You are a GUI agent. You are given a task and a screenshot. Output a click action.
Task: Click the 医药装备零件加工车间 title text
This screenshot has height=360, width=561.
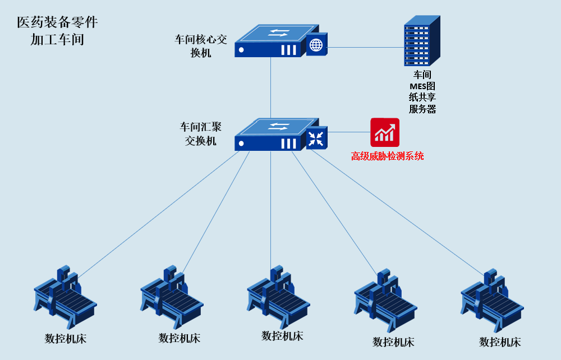57,31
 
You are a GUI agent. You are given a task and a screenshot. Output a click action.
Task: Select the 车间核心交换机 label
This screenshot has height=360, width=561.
201,46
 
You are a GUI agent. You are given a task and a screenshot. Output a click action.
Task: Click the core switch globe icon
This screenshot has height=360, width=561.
316,44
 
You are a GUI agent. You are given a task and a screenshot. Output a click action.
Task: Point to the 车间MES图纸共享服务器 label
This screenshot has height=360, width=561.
422,92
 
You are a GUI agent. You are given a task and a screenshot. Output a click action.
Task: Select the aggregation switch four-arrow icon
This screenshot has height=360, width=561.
316,138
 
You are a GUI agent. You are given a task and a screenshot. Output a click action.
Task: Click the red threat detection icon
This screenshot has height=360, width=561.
385,132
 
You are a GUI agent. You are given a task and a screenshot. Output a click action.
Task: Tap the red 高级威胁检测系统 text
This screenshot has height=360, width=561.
387,156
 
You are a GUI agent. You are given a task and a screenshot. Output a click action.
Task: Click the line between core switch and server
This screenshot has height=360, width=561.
365,47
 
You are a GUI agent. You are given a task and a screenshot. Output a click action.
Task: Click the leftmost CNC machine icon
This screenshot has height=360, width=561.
65,297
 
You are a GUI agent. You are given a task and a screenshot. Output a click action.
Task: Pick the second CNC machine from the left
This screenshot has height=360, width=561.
171,297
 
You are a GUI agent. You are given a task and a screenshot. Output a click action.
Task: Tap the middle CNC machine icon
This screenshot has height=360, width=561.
278,297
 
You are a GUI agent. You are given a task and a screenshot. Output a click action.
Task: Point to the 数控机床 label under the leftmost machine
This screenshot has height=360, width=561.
66,339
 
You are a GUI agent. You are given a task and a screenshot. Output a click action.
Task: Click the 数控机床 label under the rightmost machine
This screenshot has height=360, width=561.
500,341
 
